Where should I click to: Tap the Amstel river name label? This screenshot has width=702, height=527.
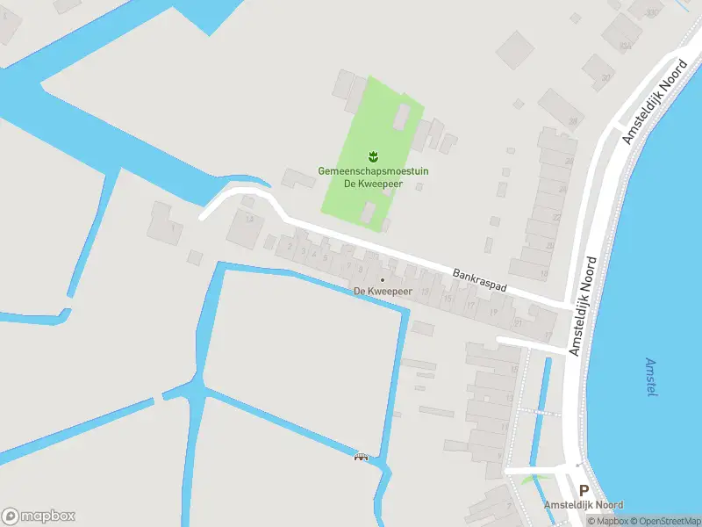click(x=651, y=377)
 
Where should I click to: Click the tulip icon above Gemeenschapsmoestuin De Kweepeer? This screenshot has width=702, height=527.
click(x=373, y=156)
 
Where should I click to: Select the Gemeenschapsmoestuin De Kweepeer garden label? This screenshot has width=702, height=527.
click(x=373, y=177)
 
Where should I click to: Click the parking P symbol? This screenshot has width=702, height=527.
click(x=584, y=490)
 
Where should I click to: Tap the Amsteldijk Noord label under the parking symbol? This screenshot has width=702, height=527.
click(x=584, y=505)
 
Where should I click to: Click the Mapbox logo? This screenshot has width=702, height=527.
click(x=39, y=516)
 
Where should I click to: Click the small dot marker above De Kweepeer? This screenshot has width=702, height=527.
click(x=382, y=280)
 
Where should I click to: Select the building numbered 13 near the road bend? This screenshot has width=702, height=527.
click(x=249, y=219)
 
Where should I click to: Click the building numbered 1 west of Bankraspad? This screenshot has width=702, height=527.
click(x=176, y=229)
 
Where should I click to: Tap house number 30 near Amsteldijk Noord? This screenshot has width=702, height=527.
click(x=605, y=76)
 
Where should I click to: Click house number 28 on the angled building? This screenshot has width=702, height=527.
click(x=572, y=121)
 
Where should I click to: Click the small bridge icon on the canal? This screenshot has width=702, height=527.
click(x=361, y=456)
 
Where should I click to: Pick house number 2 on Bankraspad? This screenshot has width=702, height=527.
click(x=292, y=249)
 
